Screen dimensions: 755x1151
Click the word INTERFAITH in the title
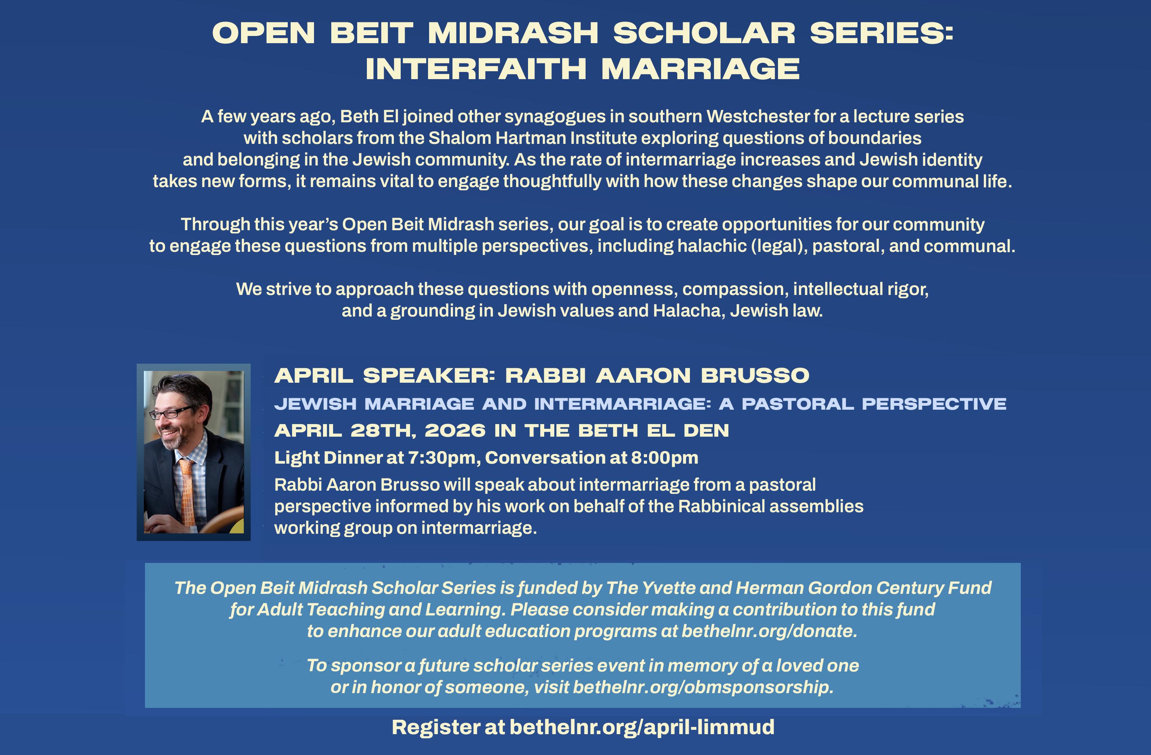(x=476, y=69)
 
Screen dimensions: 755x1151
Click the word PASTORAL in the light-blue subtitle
(x=798, y=404)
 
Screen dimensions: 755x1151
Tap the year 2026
(x=455, y=431)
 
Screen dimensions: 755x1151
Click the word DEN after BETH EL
(x=706, y=431)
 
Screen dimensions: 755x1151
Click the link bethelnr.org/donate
(x=769, y=631)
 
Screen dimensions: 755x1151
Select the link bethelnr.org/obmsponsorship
(x=703, y=687)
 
